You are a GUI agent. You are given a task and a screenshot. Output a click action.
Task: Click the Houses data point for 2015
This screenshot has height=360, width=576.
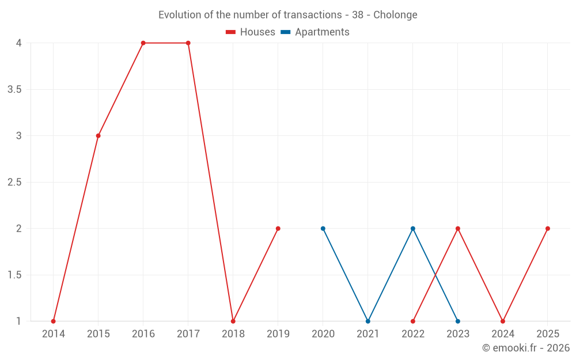coord(98,136)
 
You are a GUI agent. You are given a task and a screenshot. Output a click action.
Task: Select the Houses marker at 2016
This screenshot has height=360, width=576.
coord(143,43)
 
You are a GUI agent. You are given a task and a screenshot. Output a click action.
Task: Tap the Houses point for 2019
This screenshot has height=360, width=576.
coord(278,229)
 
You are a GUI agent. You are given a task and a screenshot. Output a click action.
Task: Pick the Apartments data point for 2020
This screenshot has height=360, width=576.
coord(323,229)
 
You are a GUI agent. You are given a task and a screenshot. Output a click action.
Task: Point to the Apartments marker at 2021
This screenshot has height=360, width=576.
coord(367,321)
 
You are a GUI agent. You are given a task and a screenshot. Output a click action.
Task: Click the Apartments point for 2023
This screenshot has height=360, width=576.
coord(458,321)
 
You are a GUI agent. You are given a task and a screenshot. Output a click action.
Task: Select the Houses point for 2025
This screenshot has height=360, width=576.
coord(548,229)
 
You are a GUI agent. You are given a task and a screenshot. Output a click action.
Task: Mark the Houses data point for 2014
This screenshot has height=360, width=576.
coord(53,321)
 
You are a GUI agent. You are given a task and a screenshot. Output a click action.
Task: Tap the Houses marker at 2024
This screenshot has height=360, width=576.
coord(503,321)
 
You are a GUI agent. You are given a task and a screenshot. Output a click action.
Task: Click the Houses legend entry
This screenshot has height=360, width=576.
coord(251,32)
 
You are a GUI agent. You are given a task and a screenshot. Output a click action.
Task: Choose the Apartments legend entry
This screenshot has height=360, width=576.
coord(315,32)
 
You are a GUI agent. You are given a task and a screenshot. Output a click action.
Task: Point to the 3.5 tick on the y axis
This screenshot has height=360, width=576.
coord(14,89)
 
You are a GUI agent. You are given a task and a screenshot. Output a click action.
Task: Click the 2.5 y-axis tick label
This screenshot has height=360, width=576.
coord(14,182)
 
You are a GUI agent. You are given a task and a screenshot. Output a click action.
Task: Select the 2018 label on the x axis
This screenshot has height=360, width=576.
coord(233,334)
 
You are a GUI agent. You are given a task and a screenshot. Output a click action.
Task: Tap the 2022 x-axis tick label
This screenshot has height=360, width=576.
coord(413,334)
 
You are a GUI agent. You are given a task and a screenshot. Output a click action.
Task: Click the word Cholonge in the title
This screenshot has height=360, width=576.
coord(395,14)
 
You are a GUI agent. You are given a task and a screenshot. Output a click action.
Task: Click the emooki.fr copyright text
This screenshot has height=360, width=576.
coord(526,348)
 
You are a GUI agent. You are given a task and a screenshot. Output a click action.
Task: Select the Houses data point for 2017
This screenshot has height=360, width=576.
coord(188,43)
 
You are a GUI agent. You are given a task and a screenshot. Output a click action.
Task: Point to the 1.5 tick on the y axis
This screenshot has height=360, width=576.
coord(14,275)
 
